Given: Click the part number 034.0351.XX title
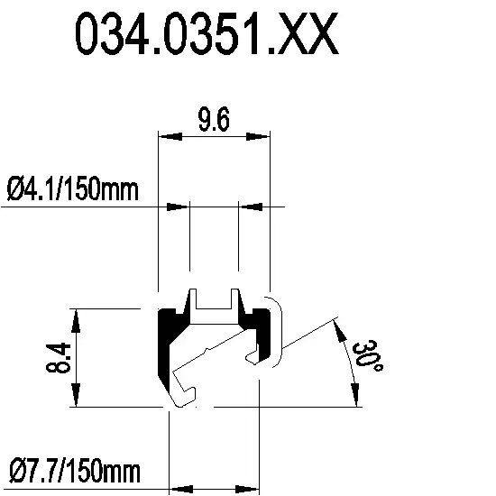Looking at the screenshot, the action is [207, 33].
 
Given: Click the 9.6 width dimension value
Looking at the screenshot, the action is [214, 120].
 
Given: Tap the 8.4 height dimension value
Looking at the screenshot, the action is [58, 357].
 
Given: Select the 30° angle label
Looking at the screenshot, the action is [367, 356].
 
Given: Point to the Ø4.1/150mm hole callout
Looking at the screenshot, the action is [73, 189].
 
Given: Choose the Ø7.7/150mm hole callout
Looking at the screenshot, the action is [75, 471].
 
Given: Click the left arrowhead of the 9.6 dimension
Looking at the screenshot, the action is [170, 137].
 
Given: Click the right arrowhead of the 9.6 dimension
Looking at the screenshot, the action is [258, 137].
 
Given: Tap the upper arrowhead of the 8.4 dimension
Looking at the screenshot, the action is [76, 321].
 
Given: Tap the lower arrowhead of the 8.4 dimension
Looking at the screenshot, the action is [76, 394].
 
